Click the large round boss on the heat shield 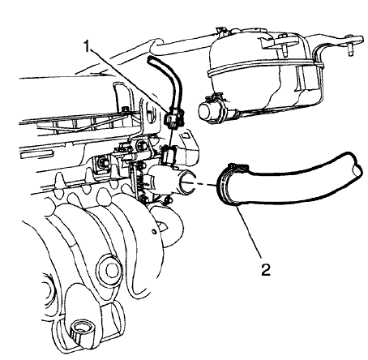click(105, 267)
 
